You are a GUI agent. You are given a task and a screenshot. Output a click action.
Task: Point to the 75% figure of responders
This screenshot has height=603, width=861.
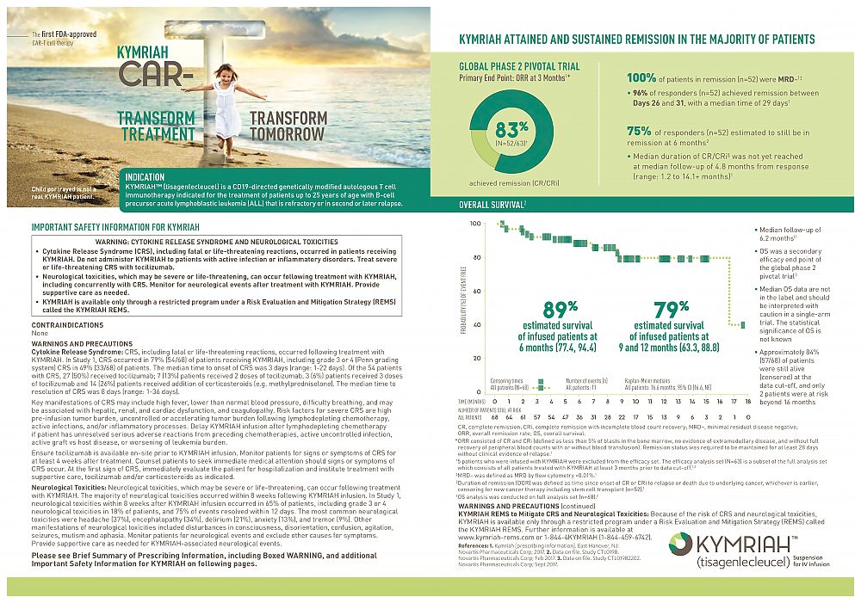click(x=639, y=131)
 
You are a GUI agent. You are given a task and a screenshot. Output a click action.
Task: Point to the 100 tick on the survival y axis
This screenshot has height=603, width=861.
click(x=475, y=224)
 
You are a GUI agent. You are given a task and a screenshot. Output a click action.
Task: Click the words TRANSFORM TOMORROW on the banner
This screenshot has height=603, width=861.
click(x=288, y=126)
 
